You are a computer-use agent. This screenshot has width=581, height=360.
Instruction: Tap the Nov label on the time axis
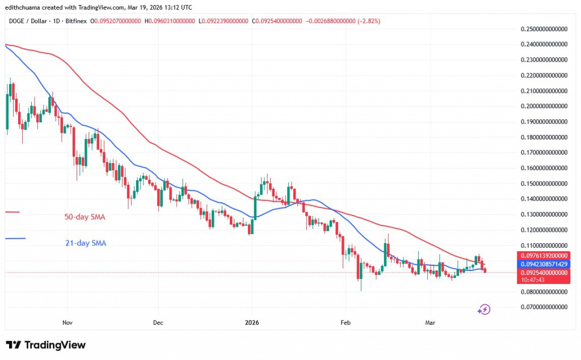(67, 323)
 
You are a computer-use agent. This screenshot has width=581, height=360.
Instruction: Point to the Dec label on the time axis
(158, 323)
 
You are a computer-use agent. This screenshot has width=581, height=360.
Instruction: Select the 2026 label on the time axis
(251, 323)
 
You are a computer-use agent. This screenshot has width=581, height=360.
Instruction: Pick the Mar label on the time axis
(431, 323)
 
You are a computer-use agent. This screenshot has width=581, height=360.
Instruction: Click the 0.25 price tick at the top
(544, 28)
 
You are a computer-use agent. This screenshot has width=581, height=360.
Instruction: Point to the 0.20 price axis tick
(544, 106)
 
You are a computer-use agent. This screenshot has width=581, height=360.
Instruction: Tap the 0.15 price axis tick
(544, 184)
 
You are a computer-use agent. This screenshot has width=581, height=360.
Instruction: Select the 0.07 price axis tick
(544, 307)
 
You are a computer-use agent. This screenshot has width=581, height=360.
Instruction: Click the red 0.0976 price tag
(544, 256)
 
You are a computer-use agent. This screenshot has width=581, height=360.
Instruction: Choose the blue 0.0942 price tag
(544, 264)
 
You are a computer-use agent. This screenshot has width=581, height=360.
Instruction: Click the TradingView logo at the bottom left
(46, 345)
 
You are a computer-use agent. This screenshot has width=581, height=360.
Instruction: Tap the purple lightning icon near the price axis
(484, 309)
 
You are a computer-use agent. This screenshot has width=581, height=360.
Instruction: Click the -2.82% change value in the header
(368, 21)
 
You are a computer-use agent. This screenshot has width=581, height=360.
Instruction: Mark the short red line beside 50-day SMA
(12, 212)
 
